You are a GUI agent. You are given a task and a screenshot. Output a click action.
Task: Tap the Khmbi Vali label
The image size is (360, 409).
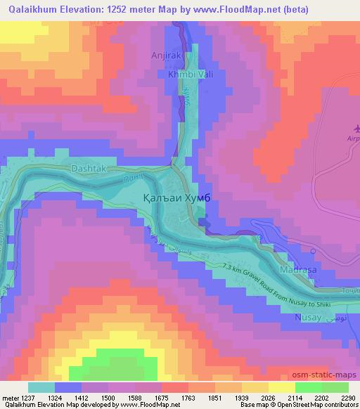point(169,74)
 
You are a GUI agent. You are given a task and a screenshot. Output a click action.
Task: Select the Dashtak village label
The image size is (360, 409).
point(88,169)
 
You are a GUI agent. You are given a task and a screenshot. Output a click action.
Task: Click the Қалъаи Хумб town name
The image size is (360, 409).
point(177,199)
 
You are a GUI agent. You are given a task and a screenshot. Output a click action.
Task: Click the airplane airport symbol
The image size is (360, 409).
point(354,129)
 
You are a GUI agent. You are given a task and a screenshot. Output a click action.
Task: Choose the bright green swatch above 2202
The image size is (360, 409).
point(309,387)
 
